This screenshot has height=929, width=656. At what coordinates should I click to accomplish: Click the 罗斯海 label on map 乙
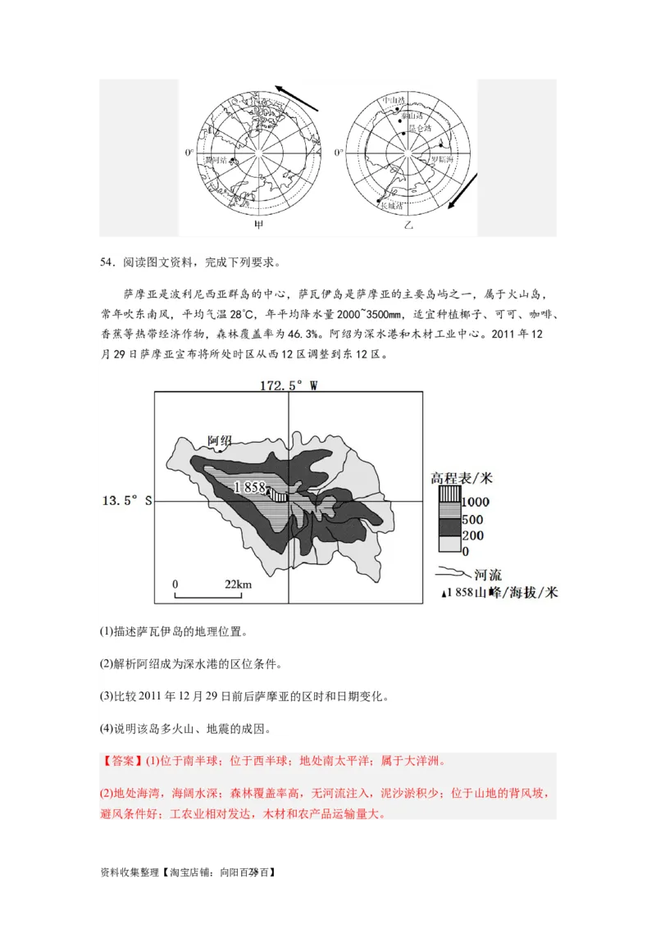coord(440,160)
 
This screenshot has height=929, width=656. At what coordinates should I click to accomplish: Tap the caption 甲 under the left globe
coord(259,224)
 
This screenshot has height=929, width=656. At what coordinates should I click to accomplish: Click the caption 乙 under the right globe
coord(408,224)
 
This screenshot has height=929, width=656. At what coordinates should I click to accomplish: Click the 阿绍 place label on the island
coord(220,441)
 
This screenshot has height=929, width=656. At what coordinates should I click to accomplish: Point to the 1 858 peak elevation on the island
coord(249,487)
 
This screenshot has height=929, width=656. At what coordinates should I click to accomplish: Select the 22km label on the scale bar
coord(238,584)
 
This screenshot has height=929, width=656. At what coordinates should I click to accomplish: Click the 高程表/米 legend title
coord(461,478)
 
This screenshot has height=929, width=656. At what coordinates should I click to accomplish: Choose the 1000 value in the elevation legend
coord(476,502)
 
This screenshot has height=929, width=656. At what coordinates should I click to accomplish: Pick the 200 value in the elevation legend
coord(473,536)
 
